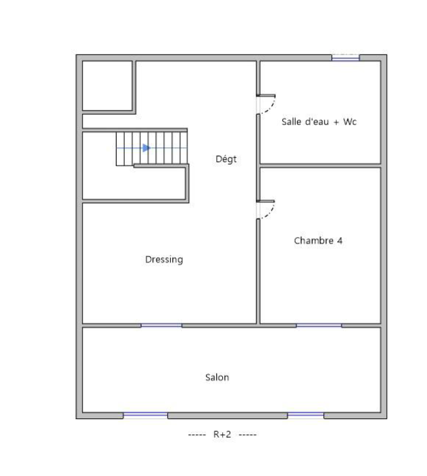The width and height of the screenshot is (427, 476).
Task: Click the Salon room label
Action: pos(217,377)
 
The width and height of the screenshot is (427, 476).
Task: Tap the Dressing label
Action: pos(164,259)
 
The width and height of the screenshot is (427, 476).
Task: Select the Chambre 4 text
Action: pos(318,241)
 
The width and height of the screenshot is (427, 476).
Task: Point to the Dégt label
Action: pos(226,159)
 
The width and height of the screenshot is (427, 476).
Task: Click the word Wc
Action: pos(350,122)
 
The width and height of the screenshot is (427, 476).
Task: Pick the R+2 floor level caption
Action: pos(222,434)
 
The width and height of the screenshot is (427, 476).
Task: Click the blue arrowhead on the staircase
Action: pos(147,148)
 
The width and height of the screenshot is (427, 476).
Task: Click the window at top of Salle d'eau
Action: pos(346,58)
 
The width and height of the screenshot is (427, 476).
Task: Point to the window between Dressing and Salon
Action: pos(161,325)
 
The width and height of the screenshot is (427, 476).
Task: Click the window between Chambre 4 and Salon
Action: pos(319,325)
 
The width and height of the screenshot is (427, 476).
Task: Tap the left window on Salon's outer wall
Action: pos(145,416)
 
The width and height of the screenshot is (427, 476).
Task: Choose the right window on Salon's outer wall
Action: pos(306,416)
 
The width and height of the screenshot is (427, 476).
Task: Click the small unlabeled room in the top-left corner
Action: pos(107,86)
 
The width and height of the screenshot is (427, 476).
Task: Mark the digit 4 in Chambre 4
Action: pos(340,241)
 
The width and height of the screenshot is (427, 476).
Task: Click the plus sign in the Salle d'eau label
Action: pos(336,122)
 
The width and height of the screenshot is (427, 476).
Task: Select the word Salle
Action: pos(291,122)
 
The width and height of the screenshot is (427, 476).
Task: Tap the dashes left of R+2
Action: pos(197,435)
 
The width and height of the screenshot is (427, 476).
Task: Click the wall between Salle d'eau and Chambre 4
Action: pos(320,166)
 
